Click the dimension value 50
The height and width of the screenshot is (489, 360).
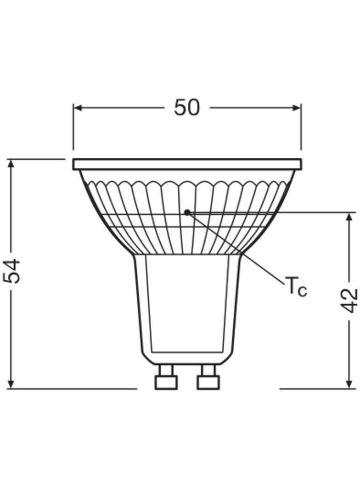pyautogui.click(x=187, y=108)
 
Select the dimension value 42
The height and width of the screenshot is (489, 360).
pyautogui.click(x=349, y=300)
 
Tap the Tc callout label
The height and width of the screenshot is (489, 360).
pyautogui.click(x=296, y=287)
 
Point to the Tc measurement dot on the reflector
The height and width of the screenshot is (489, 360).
pyautogui.click(x=187, y=212)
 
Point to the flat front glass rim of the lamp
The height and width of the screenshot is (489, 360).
pyautogui.click(x=187, y=164)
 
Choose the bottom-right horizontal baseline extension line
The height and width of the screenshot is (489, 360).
pyautogui.click(x=317, y=389)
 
